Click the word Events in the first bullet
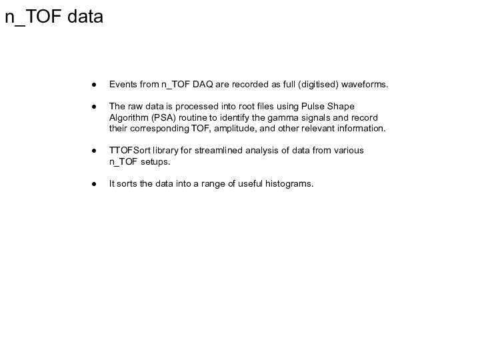[123, 85]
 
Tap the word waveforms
[365, 85]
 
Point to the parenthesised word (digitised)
[319, 85]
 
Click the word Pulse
[313, 107]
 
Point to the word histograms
[288, 183]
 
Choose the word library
[169, 150]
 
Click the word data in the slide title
[84, 17]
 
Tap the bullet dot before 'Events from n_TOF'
[95, 85]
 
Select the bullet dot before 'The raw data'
[95, 107]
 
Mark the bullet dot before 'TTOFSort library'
[95, 151]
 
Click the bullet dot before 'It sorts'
[95, 184]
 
